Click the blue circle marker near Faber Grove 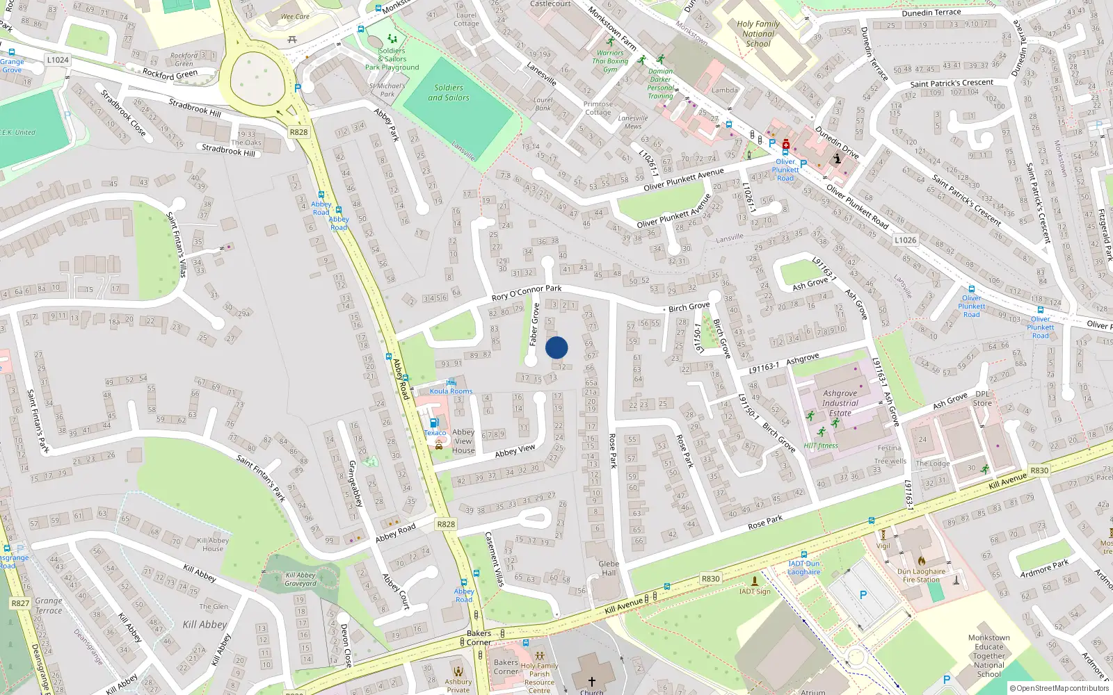tap(556, 347)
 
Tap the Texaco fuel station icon tap(434, 423)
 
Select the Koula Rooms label tap(451, 391)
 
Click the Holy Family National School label tap(758, 33)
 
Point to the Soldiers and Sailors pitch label tap(449, 93)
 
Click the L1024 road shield tap(58, 60)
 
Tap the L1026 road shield tap(905, 240)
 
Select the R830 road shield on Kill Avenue tap(710, 579)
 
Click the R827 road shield tap(20, 603)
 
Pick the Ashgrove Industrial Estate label tap(840, 403)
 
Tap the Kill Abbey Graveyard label tap(301, 579)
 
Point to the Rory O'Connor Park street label tap(527, 293)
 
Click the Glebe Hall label tap(609, 569)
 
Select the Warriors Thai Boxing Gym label tap(610, 61)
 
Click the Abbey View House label tap(463, 441)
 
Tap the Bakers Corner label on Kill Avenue tap(479, 637)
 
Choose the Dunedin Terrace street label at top tap(931, 13)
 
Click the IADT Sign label tap(755, 591)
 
